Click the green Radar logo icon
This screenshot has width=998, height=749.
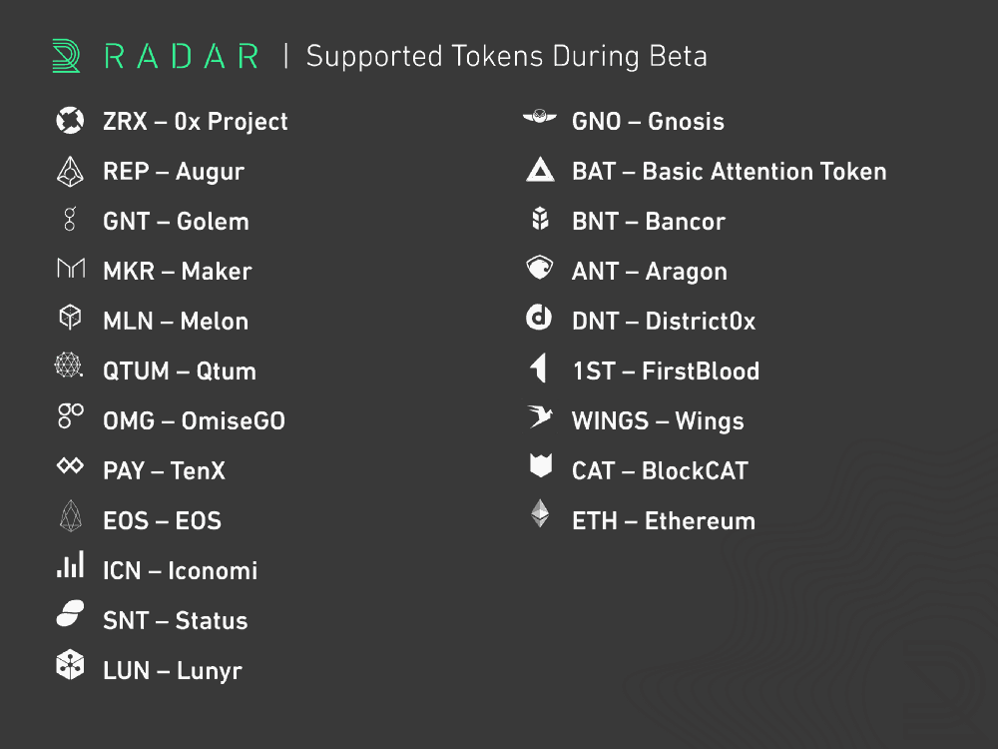(66, 56)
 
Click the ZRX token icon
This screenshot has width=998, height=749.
(70, 121)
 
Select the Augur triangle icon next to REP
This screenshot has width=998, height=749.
(70, 172)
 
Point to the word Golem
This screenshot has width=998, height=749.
(213, 222)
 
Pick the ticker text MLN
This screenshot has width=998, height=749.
(128, 321)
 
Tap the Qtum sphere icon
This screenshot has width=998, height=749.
(68, 365)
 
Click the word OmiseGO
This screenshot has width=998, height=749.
(233, 421)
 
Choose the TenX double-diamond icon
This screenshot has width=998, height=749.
(70, 465)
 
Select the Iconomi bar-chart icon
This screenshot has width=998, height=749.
(70, 565)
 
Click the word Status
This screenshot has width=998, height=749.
(212, 621)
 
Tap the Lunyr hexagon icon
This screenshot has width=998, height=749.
(70, 665)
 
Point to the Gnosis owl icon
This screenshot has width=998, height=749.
(540, 117)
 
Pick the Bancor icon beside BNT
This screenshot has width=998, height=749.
(540, 219)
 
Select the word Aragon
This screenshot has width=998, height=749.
(687, 272)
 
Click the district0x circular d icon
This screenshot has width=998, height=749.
(539, 318)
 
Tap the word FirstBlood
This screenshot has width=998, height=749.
(701, 372)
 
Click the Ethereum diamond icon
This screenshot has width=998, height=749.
(540, 513)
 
